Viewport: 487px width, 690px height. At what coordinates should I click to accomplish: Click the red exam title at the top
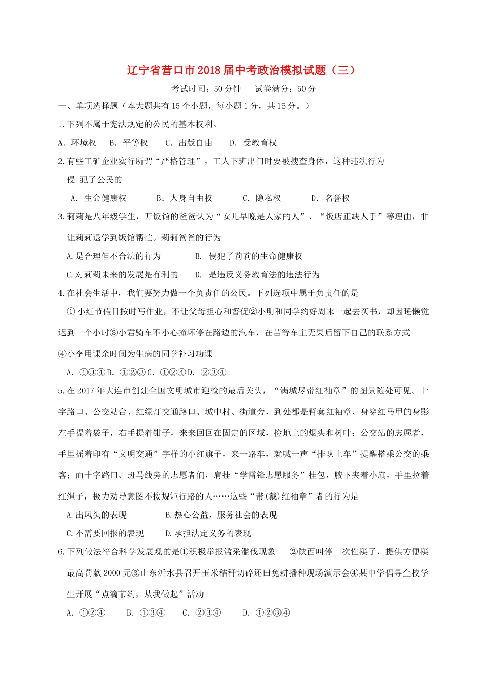click(x=241, y=70)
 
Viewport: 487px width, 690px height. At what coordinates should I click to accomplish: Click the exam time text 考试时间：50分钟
click(x=206, y=89)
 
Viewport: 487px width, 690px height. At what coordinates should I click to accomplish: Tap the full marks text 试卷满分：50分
click(x=286, y=89)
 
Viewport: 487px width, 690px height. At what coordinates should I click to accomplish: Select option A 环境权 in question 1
click(x=77, y=143)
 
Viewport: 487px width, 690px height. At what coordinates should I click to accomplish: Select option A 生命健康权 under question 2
click(x=98, y=198)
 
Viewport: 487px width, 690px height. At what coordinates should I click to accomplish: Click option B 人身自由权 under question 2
click(x=185, y=198)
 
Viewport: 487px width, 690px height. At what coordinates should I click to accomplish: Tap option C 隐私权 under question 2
click(x=262, y=198)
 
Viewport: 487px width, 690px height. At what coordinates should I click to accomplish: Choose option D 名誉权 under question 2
click(x=331, y=198)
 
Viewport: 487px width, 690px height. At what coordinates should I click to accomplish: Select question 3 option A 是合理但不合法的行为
click(x=114, y=256)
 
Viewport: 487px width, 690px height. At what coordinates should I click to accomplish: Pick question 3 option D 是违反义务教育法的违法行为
click(x=257, y=275)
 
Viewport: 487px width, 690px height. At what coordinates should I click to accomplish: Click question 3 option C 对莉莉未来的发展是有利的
click(x=123, y=275)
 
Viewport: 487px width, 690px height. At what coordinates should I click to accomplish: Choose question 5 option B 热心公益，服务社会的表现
click(x=221, y=515)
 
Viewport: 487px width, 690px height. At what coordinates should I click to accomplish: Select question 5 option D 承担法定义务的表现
click(x=208, y=533)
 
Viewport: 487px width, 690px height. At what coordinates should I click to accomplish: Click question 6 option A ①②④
click(x=86, y=612)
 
